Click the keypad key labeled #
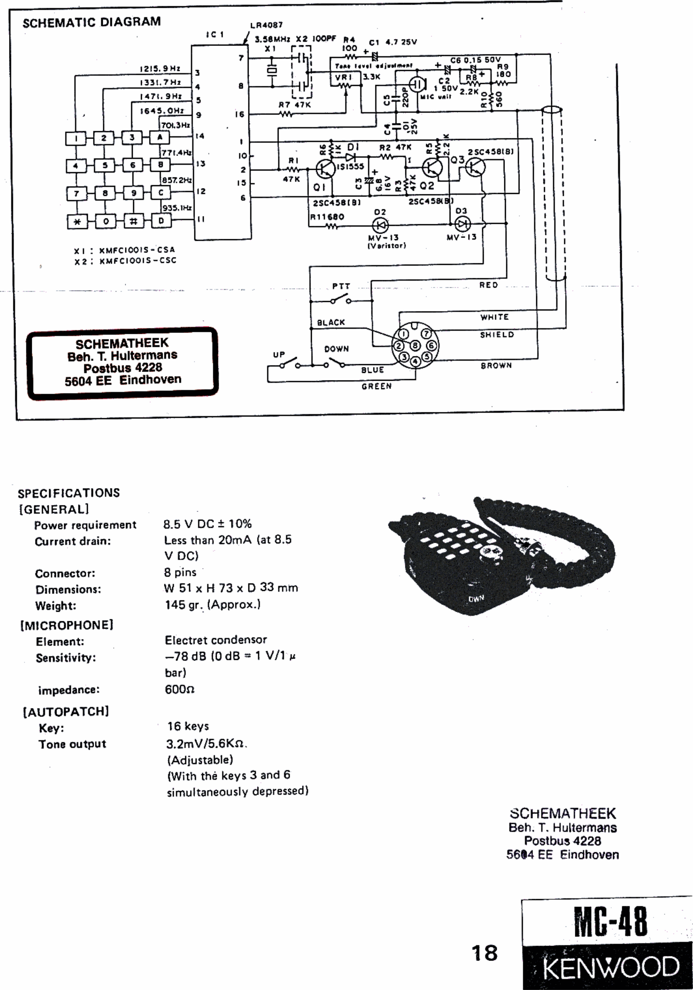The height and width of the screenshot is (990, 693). (x=133, y=221)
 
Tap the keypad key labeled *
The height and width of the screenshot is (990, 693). (x=77, y=222)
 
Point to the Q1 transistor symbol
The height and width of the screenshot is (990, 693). (x=325, y=169)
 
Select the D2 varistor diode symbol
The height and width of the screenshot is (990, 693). (x=380, y=225)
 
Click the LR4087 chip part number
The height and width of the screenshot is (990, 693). (x=266, y=25)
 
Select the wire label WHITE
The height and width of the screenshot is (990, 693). (x=495, y=317)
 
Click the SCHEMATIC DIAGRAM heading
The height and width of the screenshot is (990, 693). (x=92, y=22)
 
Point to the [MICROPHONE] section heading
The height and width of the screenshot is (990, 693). (x=67, y=625)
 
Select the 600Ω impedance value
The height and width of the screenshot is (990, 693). (x=180, y=689)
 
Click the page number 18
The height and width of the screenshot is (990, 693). (x=485, y=953)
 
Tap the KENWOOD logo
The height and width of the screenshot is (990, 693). (x=610, y=967)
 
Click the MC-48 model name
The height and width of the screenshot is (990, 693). (x=610, y=921)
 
